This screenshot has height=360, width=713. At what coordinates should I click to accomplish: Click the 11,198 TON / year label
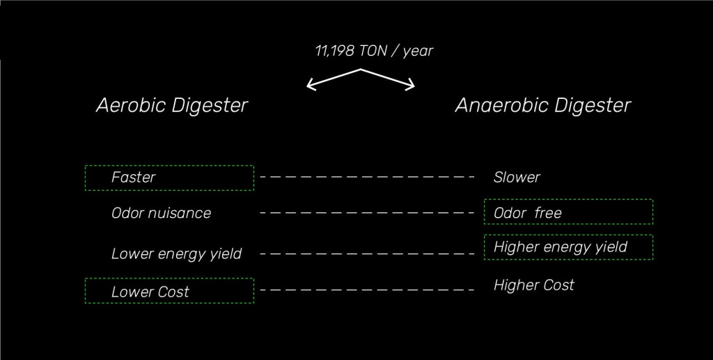click(x=373, y=51)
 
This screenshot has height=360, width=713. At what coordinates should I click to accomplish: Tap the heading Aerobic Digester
click(x=171, y=105)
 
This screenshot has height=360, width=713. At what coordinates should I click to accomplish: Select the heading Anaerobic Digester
click(x=543, y=105)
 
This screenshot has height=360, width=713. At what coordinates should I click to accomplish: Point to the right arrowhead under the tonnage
click(x=411, y=85)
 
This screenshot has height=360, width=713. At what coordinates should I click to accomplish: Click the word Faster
click(x=133, y=178)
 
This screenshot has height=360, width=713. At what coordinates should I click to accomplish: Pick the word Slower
click(x=517, y=178)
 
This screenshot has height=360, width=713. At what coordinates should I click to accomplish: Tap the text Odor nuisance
click(x=161, y=213)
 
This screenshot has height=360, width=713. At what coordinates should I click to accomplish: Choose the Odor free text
click(x=527, y=213)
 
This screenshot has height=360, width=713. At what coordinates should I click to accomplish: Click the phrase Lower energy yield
click(x=176, y=254)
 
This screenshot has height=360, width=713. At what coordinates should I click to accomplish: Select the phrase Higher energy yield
click(x=561, y=247)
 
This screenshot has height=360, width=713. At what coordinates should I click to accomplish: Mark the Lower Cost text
click(x=150, y=292)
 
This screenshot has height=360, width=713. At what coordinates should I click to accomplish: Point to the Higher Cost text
click(x=534, y=285)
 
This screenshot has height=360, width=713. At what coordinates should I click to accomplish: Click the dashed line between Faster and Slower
click(x=367, y=178)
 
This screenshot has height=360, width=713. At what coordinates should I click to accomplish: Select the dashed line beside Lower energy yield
click(x=367, y=253)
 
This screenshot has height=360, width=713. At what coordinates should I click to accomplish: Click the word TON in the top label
click(x=376, y=51)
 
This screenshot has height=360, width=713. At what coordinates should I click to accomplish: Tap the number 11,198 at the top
click(x=335, y=51)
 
